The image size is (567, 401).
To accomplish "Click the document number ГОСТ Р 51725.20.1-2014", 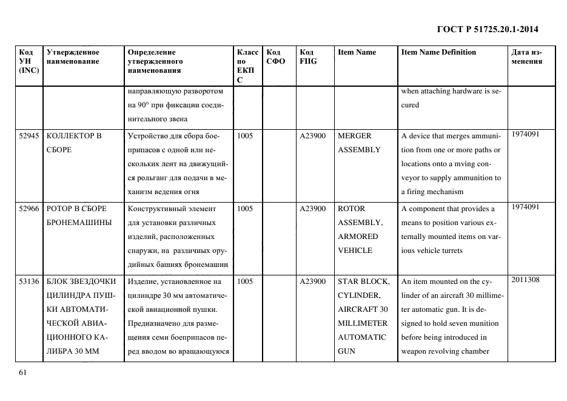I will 488,29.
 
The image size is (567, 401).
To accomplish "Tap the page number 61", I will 23,372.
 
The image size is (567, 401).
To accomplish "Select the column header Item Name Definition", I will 438,52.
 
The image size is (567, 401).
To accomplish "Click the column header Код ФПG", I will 308,56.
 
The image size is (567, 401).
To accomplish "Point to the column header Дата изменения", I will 526,56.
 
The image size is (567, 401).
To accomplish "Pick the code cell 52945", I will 29,136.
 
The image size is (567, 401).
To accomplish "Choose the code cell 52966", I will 29,208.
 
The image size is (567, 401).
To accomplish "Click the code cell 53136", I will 29,281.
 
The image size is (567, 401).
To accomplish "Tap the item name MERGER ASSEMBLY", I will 358,143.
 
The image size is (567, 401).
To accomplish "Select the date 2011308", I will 525,280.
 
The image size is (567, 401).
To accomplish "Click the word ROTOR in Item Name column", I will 351,208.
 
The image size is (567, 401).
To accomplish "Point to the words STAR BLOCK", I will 363,281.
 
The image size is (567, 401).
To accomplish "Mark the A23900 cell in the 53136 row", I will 313,281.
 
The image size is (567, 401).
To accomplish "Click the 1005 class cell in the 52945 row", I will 245,136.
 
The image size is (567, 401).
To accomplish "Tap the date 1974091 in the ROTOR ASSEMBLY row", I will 525,207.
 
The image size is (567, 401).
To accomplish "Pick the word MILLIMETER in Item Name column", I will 362,323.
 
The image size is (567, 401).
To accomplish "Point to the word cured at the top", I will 410,105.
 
